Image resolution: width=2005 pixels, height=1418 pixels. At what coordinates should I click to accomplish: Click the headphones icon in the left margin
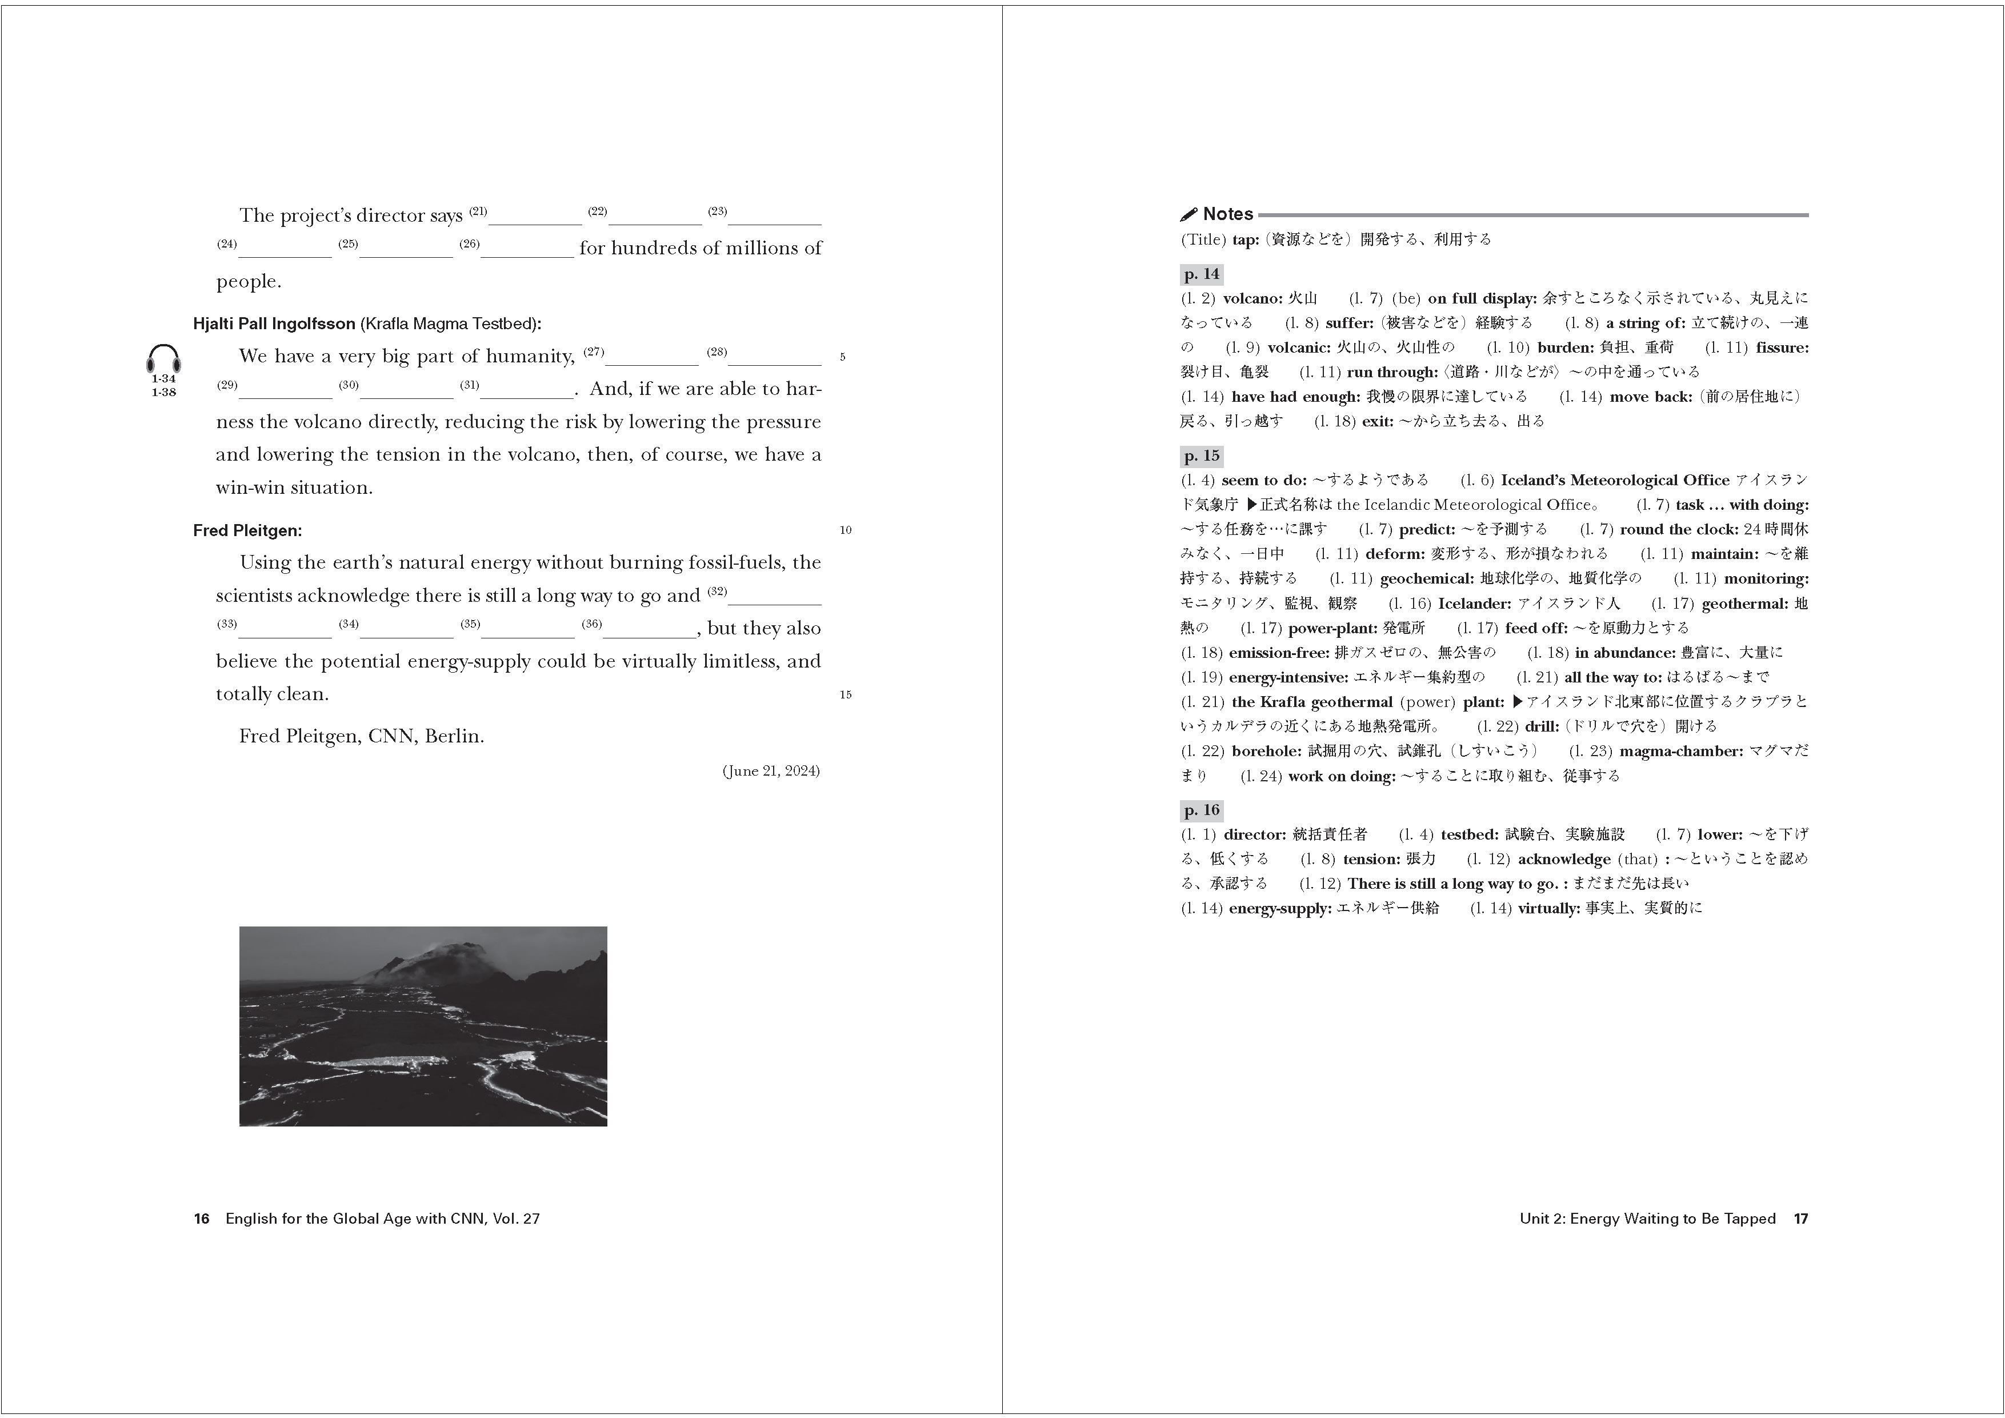(x=163, y=358)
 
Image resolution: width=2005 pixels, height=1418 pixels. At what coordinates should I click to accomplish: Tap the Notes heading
(x=1228, y=214)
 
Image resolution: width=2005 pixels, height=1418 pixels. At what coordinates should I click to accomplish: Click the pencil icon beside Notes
(x=1188, y=214)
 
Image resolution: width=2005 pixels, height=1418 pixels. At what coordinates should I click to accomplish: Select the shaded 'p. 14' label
(x=1202, y=274)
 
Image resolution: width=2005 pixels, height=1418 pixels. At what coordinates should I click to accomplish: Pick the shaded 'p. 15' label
(x=1202, y=456)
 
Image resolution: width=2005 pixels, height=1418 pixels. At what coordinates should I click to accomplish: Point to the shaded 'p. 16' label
(x=1202, y=810)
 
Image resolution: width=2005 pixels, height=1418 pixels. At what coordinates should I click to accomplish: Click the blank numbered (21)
(x=534, y=217)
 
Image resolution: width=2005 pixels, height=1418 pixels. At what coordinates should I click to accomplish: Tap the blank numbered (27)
(x=651, y=357)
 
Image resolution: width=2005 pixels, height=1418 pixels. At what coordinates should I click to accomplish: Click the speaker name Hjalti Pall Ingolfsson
(x=273, y=324)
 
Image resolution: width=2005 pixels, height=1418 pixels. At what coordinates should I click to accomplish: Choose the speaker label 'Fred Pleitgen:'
(x=247, y=530)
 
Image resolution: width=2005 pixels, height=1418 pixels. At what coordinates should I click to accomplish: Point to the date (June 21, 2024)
(x=770, y=770)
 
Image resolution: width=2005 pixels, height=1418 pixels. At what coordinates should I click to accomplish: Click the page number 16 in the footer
(x=202, y=1219)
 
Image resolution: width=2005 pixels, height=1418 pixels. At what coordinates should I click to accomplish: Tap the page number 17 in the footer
(x=1800, y=1219)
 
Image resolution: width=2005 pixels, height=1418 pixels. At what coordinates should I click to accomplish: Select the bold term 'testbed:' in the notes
(x=1469, y=835)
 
